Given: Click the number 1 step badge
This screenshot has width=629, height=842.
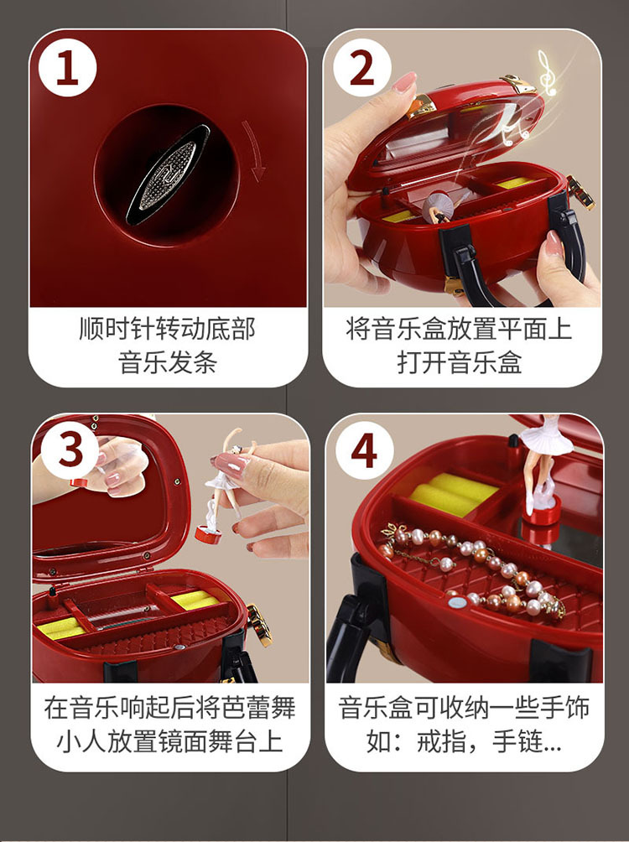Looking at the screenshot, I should (x=67, y=69).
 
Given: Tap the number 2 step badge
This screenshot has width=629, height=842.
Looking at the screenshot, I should (x=361, y=69).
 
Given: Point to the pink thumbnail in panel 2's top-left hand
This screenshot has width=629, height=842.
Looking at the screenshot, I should (x=405, y=82).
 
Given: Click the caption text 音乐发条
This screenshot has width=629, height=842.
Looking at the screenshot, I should (x=168, y=362).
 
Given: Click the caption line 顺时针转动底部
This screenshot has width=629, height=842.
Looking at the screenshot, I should (x=168, y=329).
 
